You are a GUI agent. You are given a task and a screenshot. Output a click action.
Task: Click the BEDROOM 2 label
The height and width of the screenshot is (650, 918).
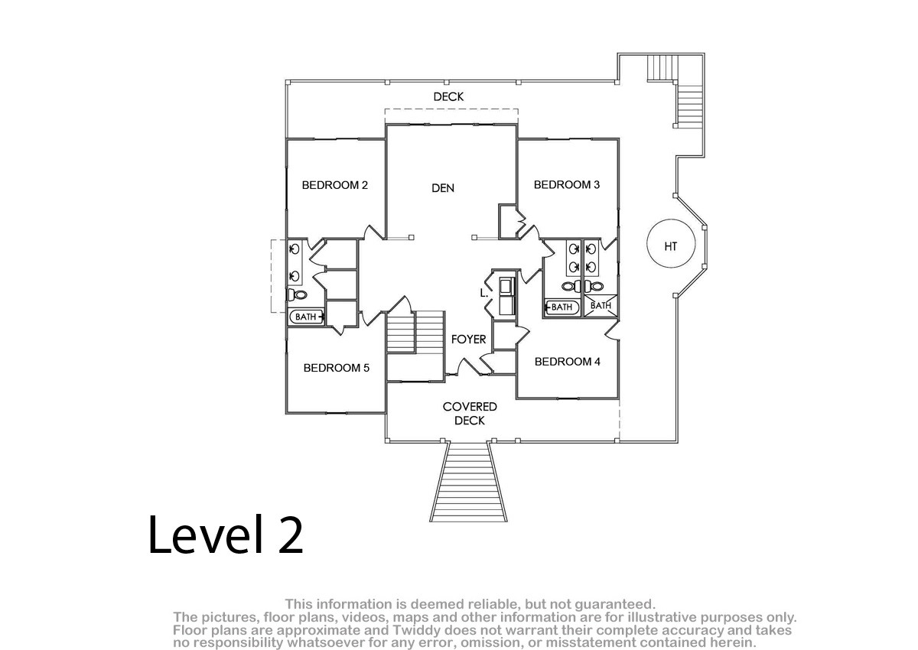point(335,185)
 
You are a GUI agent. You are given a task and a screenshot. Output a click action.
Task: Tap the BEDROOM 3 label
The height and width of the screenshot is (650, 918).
point(567,185)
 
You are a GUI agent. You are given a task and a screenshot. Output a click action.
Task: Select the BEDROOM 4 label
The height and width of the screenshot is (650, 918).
point(568,362)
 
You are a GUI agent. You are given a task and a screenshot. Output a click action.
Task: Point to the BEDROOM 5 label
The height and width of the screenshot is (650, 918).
point(337,368)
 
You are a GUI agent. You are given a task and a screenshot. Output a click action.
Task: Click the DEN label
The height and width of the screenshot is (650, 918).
point(443,188)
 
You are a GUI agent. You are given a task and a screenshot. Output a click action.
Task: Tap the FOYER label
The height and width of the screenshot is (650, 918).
point(468,339)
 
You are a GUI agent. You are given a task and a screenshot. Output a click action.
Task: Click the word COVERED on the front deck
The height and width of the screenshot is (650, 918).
point(470,407)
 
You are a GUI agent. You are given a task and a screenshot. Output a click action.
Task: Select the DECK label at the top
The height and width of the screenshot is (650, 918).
point(449,96)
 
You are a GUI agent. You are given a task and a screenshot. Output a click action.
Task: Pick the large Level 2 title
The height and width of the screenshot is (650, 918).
point(226,535)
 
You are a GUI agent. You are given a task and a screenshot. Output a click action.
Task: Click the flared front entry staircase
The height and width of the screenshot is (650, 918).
point(468,481)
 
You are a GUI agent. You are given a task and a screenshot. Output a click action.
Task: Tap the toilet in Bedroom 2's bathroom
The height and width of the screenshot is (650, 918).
point(298,294)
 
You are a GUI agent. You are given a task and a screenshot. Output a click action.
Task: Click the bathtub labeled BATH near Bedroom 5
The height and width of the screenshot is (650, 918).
point(307,317)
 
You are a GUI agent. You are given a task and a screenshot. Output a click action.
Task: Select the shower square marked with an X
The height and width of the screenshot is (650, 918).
point(601,305)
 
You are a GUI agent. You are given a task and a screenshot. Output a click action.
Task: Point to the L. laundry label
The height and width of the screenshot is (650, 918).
point(484,293)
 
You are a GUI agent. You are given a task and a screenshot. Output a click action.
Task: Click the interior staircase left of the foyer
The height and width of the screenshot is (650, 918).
point(415,331)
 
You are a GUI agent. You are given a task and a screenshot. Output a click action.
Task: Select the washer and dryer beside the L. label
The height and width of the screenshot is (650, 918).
point(507,297)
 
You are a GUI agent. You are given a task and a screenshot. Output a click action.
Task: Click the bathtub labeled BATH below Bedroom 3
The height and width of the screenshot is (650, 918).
point(562,307)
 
